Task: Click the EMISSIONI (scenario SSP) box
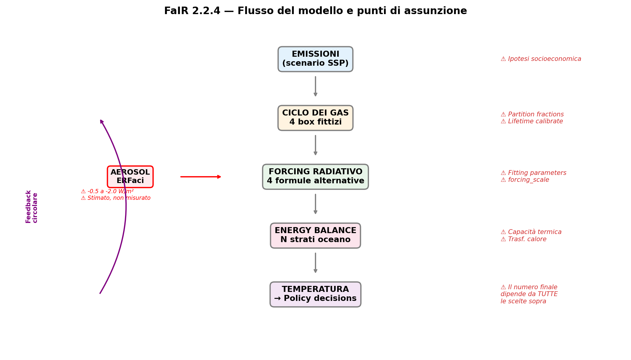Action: (x=315, y=59)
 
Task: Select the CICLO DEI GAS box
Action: (x=315, y=118)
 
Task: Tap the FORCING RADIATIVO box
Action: (x=315, y=177)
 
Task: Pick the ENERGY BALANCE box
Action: (x=315, y=235)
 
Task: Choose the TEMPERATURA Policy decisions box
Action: (x=315, y=294)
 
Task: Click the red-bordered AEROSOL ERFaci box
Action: (x=130, y=177)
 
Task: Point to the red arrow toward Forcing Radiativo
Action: (x=201, y=177)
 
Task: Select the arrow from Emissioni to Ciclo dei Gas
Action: (x=315, y=86)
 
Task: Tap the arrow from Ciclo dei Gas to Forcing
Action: (x=315, y=145)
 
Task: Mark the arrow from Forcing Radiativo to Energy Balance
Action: (x=315, y=204)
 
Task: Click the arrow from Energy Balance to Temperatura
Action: (x=315, y=263)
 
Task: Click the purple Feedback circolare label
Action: (x=32, y=206)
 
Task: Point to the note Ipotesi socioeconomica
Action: (x=541, y=59)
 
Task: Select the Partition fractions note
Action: (x=532, y=115)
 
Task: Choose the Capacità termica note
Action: (x=531, y=232)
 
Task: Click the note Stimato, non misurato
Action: (x=116, y=198)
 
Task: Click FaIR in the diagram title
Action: (x=177, y=11)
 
